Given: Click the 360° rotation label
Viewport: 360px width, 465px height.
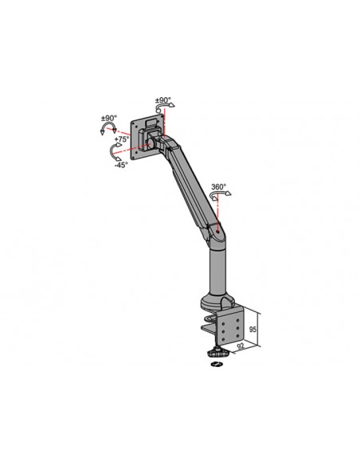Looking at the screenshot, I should point(219,188).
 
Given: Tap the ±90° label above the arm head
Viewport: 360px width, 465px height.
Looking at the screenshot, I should point(163,101).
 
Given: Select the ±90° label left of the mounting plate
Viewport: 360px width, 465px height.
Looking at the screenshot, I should point(108,119).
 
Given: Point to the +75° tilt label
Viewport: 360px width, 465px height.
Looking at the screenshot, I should point(122,139).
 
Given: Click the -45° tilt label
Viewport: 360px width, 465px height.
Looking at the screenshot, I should point(121,166).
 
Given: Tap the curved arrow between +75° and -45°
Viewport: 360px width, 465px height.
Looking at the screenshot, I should point(112,153).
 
